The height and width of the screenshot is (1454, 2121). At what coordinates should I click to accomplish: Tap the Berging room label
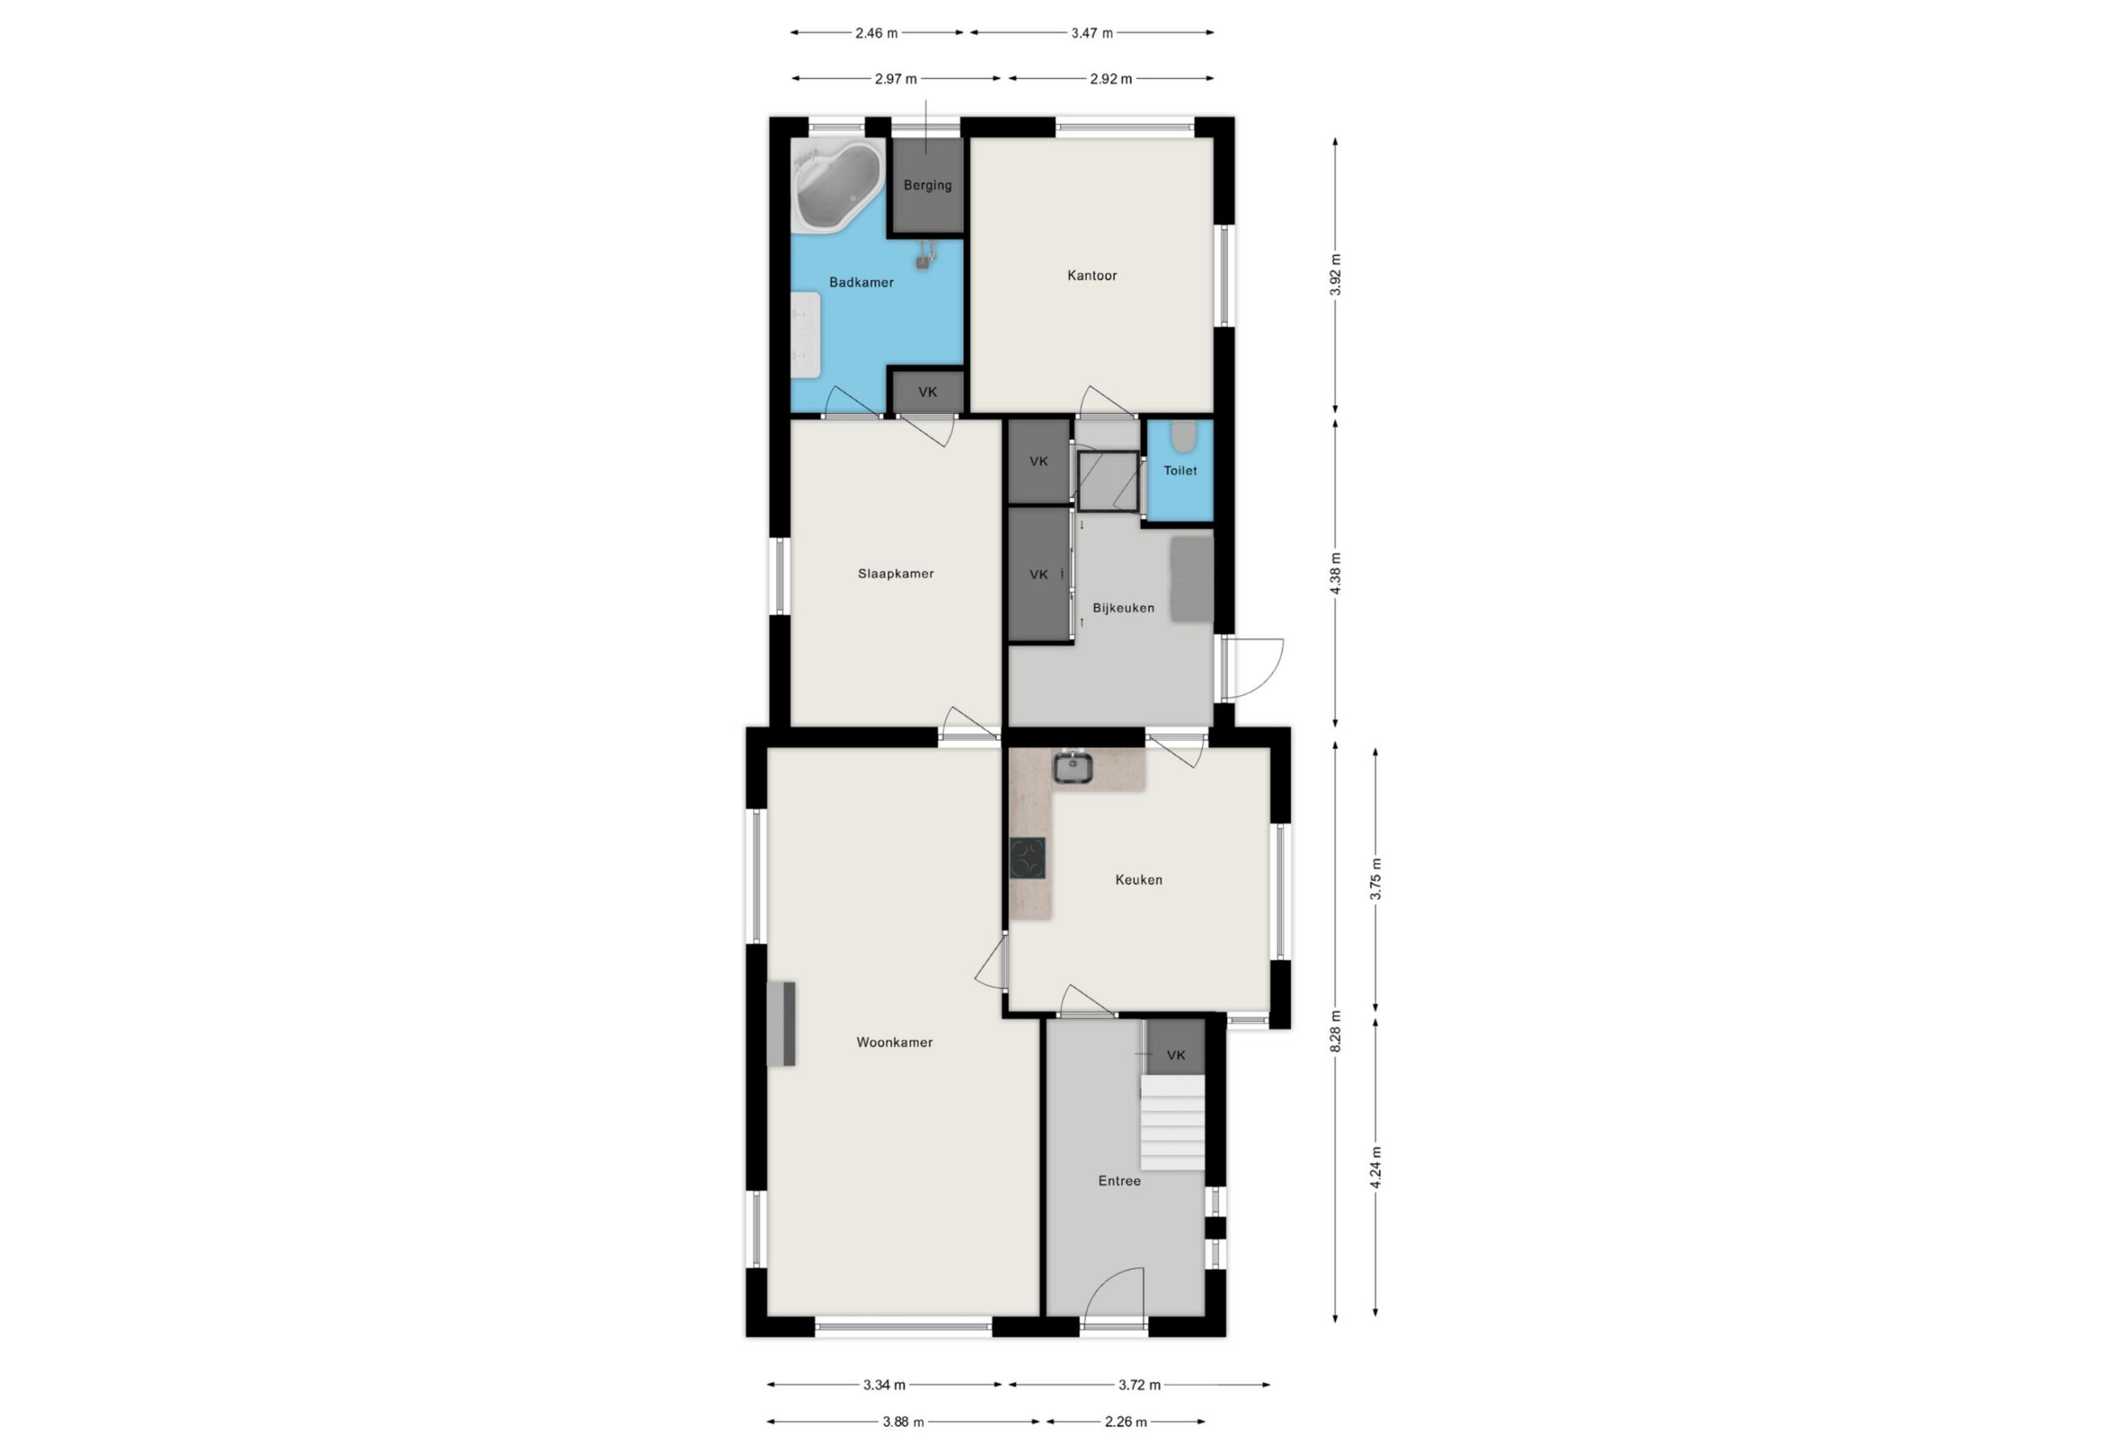[927, 186]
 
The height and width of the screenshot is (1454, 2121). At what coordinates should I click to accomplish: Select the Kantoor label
[1091, 276]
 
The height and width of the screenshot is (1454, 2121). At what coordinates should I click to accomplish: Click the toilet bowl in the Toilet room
[1184, 437]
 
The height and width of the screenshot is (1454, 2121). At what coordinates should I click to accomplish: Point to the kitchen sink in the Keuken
[1072, 768]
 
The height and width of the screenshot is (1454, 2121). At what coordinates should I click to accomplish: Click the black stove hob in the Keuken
[1027, 858]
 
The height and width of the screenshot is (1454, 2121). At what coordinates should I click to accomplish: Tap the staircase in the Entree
[1172, 1122]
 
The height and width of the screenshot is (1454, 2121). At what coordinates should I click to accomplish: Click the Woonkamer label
[895, 1042]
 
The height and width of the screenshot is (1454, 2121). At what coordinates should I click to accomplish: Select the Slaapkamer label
[896, 574]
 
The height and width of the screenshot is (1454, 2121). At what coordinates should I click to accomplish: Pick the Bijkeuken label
[1123, 608]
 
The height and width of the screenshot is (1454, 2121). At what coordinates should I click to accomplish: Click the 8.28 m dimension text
[1336, 1031]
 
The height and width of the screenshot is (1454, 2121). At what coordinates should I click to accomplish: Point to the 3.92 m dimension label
[1336, 275]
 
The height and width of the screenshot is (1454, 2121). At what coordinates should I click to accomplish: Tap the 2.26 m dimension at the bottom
[1125, 1421]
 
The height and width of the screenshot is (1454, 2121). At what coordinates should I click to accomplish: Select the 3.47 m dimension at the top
[1091, 33]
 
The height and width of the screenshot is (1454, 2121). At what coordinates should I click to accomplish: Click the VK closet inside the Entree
[1176, 1047]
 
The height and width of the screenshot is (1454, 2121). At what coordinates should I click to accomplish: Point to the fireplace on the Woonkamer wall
[781, 1024]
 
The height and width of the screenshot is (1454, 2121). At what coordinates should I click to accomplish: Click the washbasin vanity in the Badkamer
[806, 334]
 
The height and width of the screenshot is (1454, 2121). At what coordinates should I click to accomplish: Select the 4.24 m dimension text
[1375, 1167]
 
